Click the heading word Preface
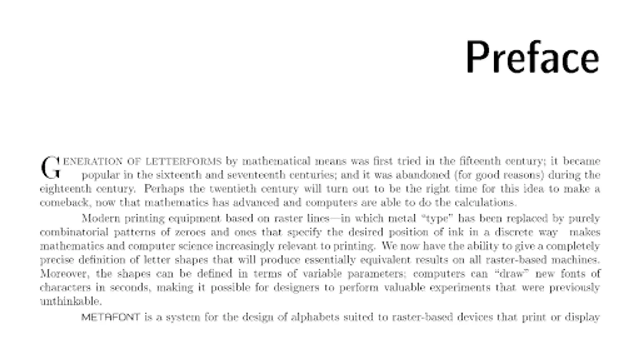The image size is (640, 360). [x=532, y=57]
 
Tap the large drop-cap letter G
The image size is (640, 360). [x=50, y=168]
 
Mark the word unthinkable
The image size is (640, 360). [x=71, y=301]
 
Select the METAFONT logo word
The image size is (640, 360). [x=110, y=317]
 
